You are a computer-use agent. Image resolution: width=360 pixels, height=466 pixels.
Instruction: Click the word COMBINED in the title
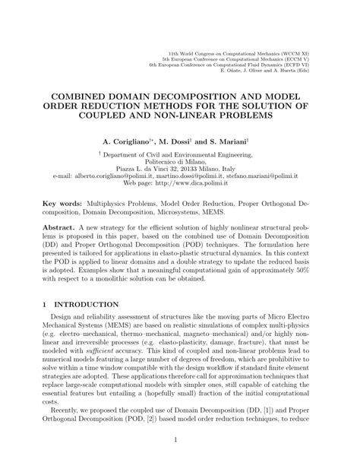point(82,98)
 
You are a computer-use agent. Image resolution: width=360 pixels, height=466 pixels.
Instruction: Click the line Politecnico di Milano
point(179,161)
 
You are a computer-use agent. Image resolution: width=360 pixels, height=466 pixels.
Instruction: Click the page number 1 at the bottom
point(180,459)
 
